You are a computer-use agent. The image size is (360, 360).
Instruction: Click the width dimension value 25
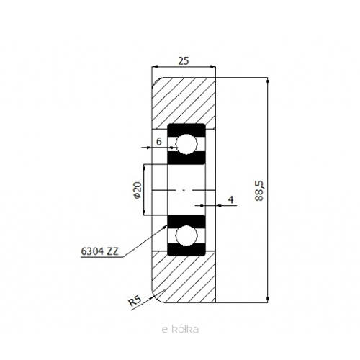(x=184, y=61)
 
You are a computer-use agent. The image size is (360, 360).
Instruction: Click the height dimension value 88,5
(x=259, y=191)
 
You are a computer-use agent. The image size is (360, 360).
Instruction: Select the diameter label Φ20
(x=138, y=190)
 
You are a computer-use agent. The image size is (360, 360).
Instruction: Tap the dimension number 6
(x=159, y=142)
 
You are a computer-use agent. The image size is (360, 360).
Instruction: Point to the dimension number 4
(x=231, y=199)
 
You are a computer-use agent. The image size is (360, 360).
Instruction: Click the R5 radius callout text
(x=135, y=301)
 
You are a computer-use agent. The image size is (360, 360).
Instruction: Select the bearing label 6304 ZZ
(x=99, y=251)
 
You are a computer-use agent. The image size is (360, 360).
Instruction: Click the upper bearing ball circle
(x=186, y=144)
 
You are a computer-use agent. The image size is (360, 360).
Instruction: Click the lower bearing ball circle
(x=186, y=235)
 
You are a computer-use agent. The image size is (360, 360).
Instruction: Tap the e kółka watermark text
(x=180, y=329)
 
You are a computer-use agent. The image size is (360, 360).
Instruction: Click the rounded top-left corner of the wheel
(x=156, y=81)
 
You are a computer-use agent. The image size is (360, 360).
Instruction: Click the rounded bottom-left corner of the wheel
(x=156, y=300)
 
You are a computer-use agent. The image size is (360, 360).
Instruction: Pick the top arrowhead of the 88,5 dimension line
(x=268, y=80)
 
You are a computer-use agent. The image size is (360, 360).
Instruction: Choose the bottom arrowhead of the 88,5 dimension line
(x=268, y=300)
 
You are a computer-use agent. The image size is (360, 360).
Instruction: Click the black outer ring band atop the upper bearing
(x=186, y=130)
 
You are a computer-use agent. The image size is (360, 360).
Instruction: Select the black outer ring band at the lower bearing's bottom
(x=186, y=250)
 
